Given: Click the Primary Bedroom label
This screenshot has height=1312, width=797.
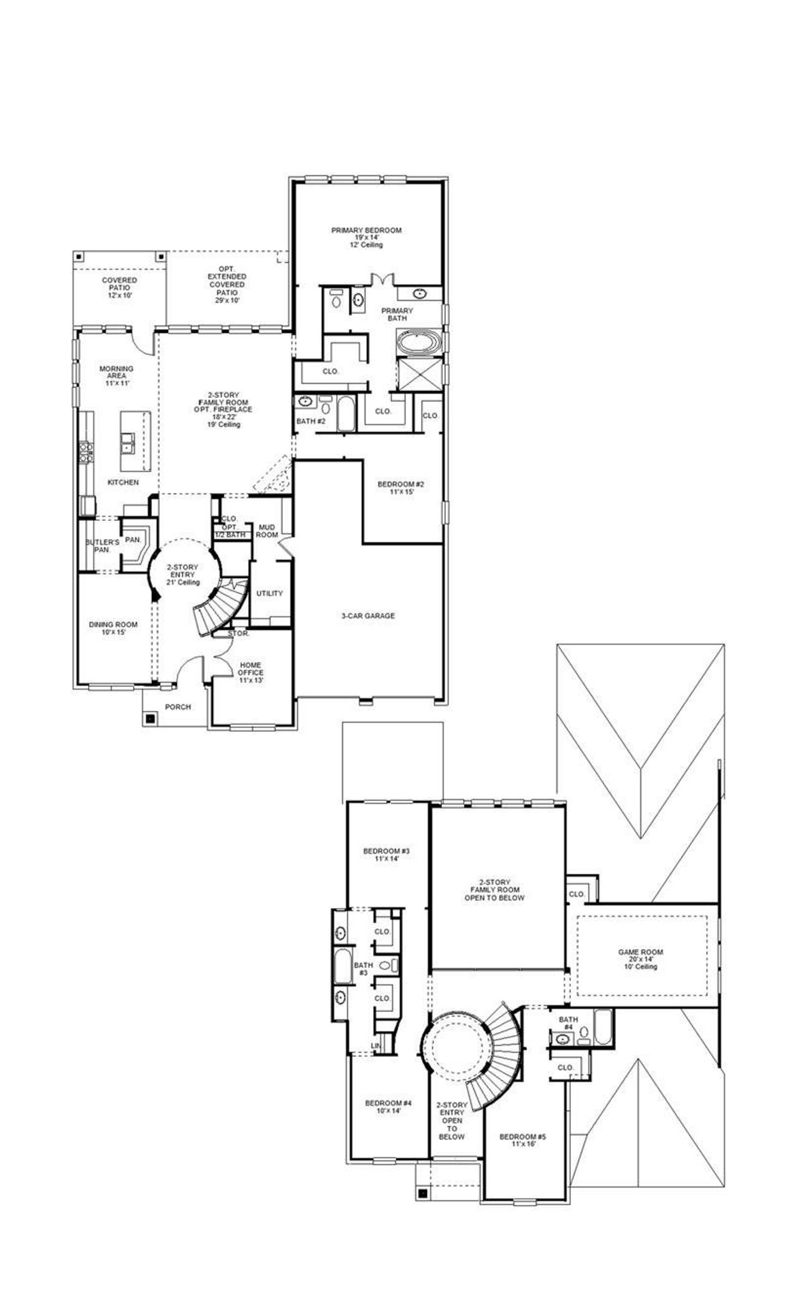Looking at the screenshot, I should click(366, 237).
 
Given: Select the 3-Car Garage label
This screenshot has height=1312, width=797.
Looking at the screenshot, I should click(367, 616).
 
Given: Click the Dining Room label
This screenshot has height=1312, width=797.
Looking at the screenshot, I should click(113, 629).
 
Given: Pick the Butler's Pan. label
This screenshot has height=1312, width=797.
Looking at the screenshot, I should click(101, 546).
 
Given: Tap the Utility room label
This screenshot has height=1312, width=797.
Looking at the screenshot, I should click(270, 594).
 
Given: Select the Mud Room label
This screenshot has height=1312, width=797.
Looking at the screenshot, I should click(267, 531).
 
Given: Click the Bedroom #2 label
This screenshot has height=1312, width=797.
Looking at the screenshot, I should click(401, 488).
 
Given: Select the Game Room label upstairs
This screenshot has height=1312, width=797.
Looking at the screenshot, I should click(641, 959).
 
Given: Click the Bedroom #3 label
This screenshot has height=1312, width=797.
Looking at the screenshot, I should click(386, 855).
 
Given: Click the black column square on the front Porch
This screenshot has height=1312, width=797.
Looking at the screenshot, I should click(149, 718).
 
